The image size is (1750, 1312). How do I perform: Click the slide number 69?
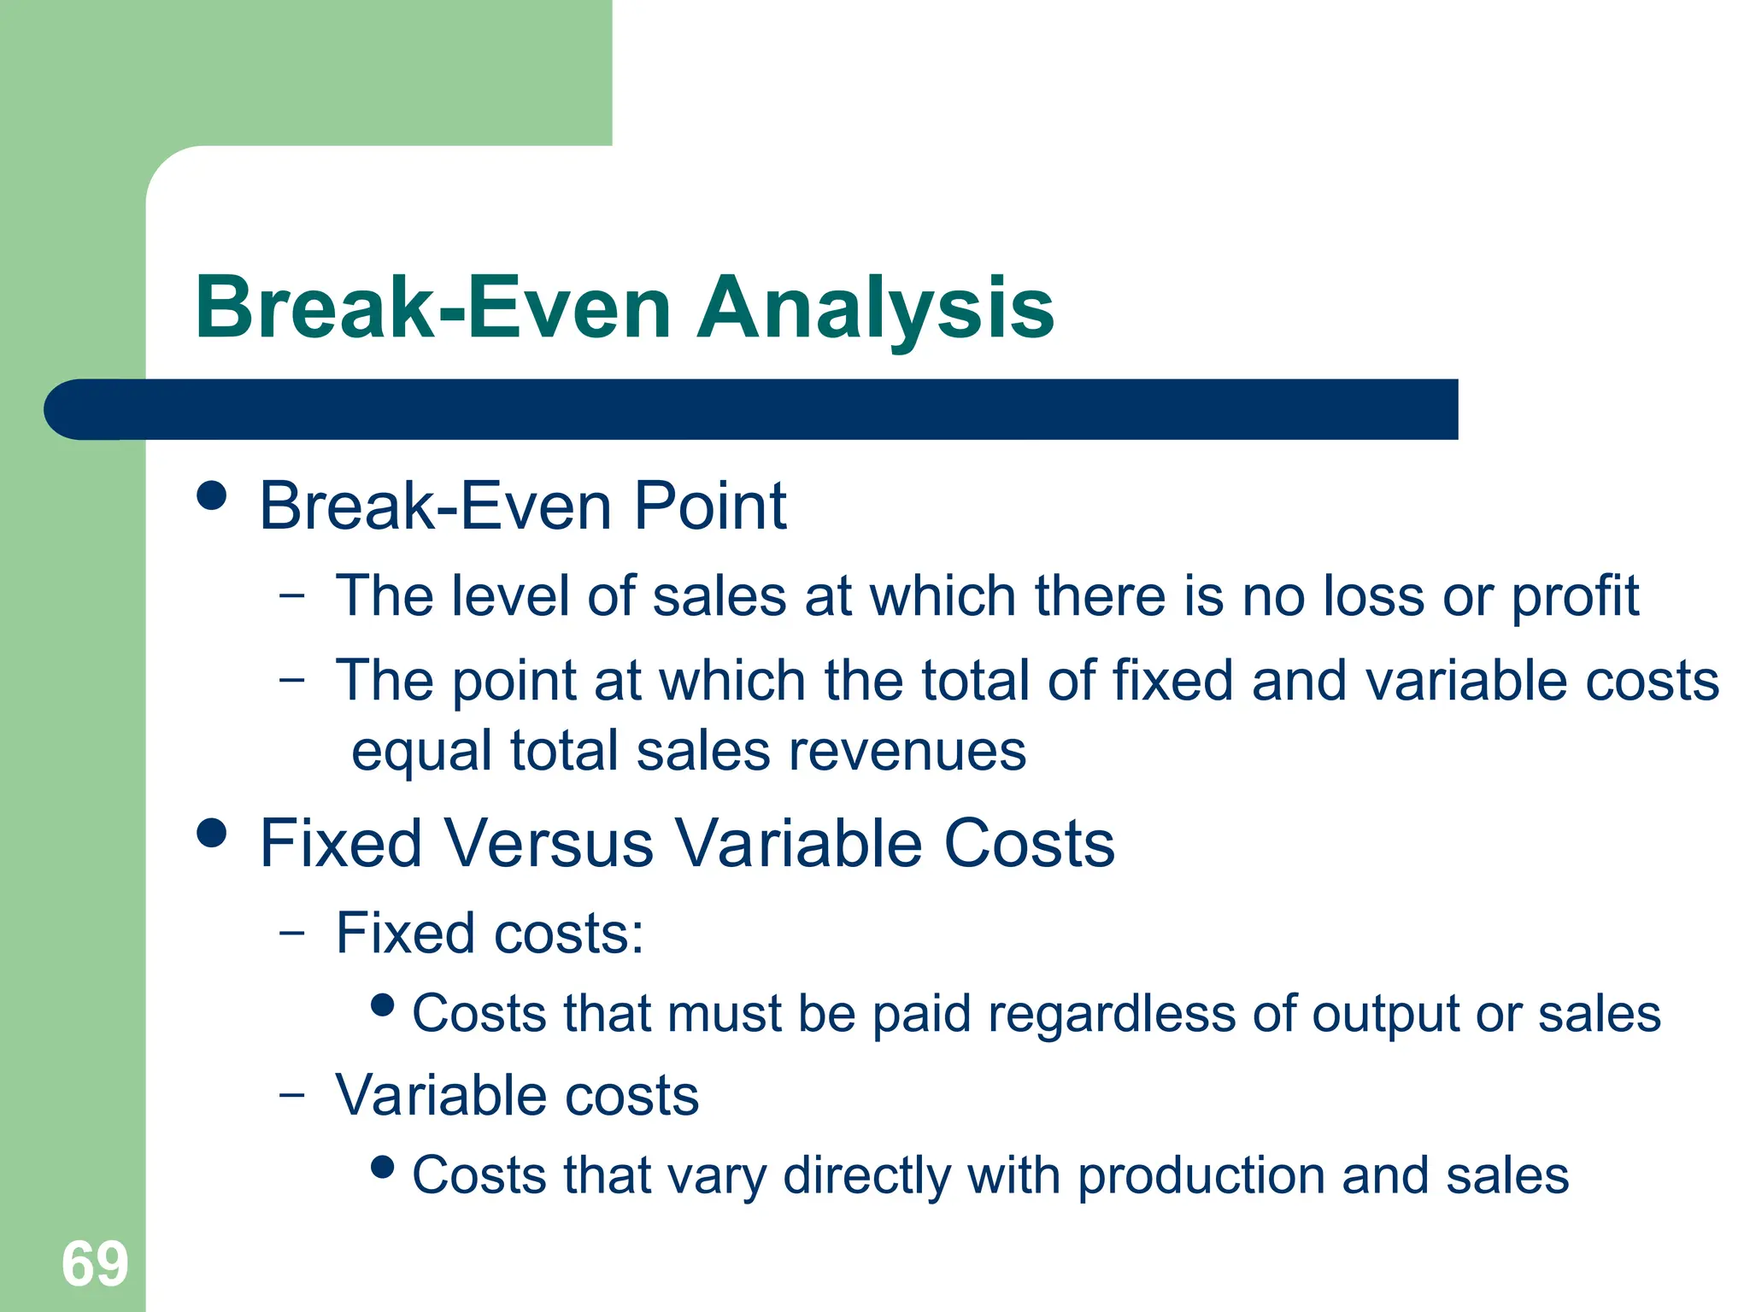point(95,1264)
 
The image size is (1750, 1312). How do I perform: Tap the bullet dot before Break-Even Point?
point(211,495)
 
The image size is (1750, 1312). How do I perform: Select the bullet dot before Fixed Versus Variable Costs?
point(211,833)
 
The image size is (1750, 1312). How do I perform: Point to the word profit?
point(1575,596)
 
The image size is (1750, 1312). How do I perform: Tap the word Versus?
point(549,844)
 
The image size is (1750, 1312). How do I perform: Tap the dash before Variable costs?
point(291,1094)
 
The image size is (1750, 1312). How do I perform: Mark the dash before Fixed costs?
point(291,932)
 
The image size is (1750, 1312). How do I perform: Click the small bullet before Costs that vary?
point(384,1166)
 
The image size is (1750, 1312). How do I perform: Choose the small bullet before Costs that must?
point(384,1004)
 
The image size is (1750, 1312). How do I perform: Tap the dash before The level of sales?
point(291,594)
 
